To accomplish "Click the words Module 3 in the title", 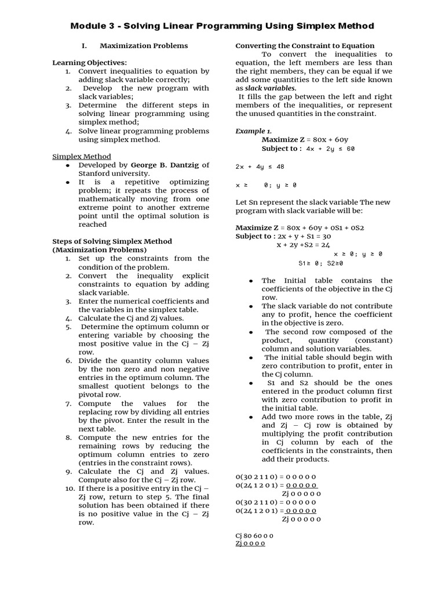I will [x=93, y=26].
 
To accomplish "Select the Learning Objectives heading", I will [x=90, y=63].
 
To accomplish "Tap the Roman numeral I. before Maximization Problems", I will [x=84, y=46].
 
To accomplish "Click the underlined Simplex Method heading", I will [x=82, y=157].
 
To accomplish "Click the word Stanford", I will [x=96, y=173].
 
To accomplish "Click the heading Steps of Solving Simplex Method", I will [x=112, y=241].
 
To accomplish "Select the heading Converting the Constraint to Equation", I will [x=304, y=46].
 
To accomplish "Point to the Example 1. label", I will [x=253, y=131].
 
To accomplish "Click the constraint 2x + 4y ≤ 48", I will [x=260, y=166].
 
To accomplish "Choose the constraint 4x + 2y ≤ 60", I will [x=330, y=148].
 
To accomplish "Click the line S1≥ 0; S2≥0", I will [x=320, y=263].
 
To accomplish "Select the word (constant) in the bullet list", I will [x=373, y=340].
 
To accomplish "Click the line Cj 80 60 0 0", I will [x=254, y=535].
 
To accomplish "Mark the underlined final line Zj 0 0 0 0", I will [x=250, y=544].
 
